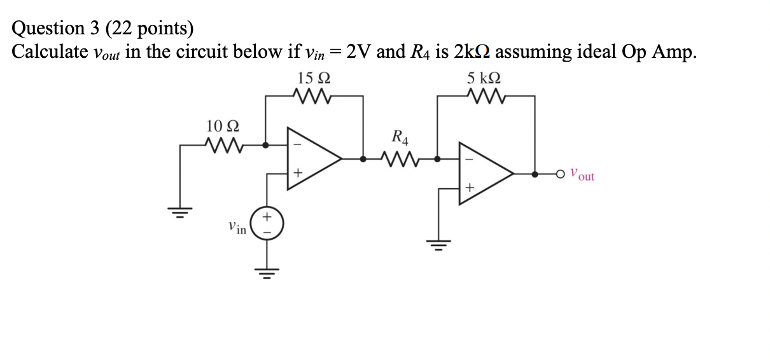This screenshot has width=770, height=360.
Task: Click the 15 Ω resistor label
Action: pos(313,80)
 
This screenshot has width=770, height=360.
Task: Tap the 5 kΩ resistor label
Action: pos(484,80)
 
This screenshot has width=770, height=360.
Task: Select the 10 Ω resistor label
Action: pos(223,125)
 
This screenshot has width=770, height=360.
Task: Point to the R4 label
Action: pos(401,136)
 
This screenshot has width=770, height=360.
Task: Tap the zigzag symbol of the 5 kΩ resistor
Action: pos(484,96)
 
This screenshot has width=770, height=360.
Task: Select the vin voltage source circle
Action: pos(267,224)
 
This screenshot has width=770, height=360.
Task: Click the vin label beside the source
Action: pos(237,227)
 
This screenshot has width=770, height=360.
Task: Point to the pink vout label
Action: pos(582,174)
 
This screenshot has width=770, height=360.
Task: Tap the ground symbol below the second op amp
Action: pos(438,244)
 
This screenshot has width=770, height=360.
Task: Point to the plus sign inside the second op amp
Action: pos(469,188)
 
